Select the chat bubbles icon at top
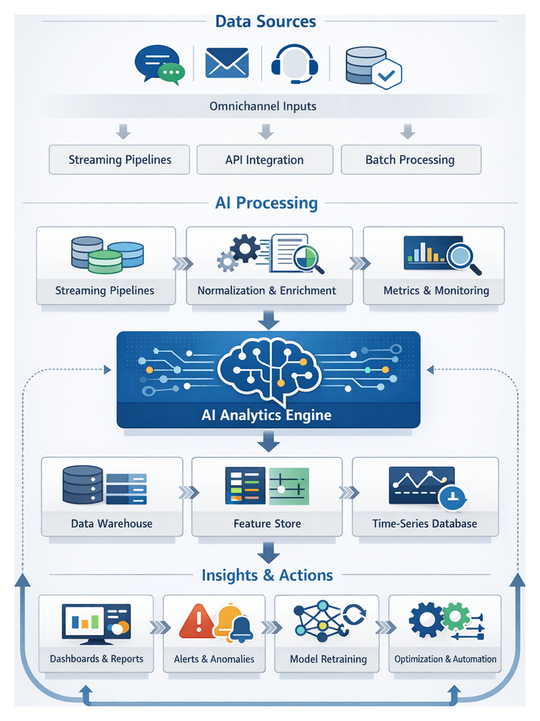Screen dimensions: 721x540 (x=158, y=63)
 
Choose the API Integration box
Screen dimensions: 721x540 (x=265, y=160)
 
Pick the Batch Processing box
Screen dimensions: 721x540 (x=410, y=160)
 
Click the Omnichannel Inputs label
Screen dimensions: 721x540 (x=262, y=106)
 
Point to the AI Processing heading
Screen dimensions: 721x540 (x=267, y=203)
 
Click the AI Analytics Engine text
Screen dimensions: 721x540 (x=266, y=416)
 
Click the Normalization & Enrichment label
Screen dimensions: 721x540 (x=267, y=291)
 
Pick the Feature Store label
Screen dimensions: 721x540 (x=267, y=523)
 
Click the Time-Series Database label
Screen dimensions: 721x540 (x=424, y=523)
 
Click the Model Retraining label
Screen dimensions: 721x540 (x=328, y=659)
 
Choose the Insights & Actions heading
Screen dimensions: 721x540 (x=267, y=576)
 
